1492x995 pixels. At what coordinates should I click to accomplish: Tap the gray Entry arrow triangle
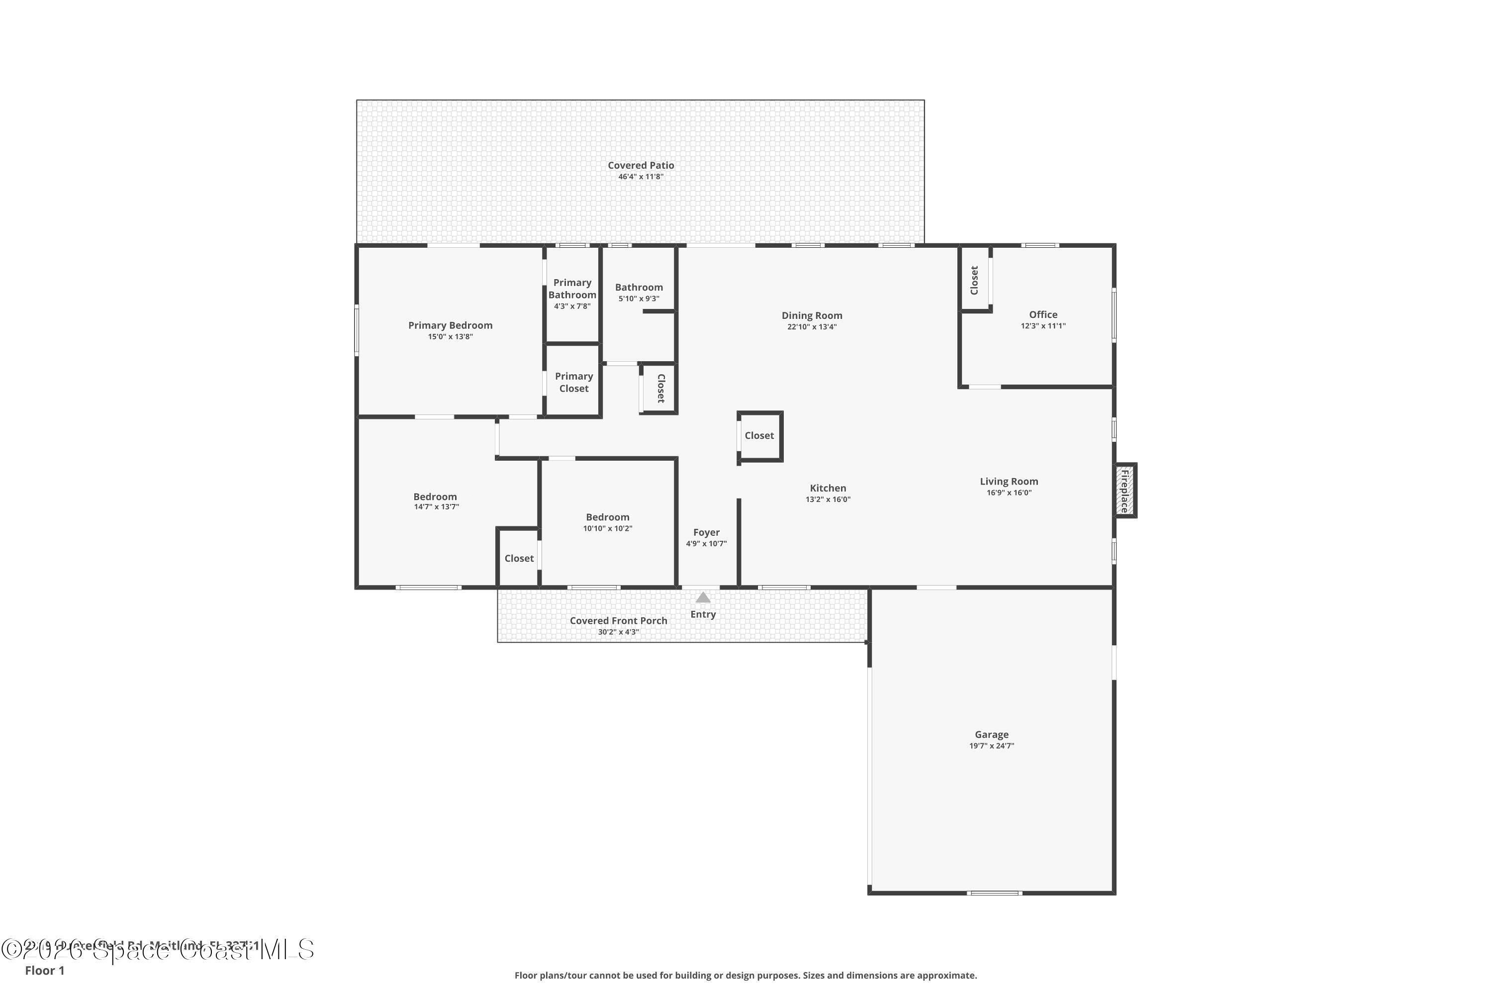(x=703, y=597)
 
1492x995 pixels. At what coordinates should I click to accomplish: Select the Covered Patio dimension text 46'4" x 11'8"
(x=641, y=177)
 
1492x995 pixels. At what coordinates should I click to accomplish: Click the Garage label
(x=992, y=734)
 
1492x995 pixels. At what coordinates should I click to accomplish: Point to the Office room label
(x=1043, y=314)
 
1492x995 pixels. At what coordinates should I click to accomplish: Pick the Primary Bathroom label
(x=572, y=289)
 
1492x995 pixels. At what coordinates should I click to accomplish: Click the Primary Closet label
(x=573, y=382)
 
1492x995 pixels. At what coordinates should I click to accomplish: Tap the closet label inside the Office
(x=974, y=280)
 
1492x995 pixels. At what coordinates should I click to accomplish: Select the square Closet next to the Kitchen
(x=759, y=435)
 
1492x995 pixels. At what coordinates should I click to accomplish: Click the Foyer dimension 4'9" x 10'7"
(x=706, y=544)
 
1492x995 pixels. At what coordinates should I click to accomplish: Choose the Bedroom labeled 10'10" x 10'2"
(x=608, y=517)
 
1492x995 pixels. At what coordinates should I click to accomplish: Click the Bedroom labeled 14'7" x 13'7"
(x=435, y=497)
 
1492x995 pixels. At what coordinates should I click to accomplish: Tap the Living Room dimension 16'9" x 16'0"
(x=1009, y=493)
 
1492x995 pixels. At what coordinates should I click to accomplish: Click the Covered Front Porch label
(x=619, y=620)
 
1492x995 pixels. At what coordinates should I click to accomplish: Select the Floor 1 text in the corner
(x=44, y=970)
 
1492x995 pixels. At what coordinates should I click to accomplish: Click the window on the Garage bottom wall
(x=994, y=893)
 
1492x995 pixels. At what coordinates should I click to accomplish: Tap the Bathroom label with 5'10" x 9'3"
(x=639, y=288)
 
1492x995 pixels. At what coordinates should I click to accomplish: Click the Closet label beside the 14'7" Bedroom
(x=519, y=558)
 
